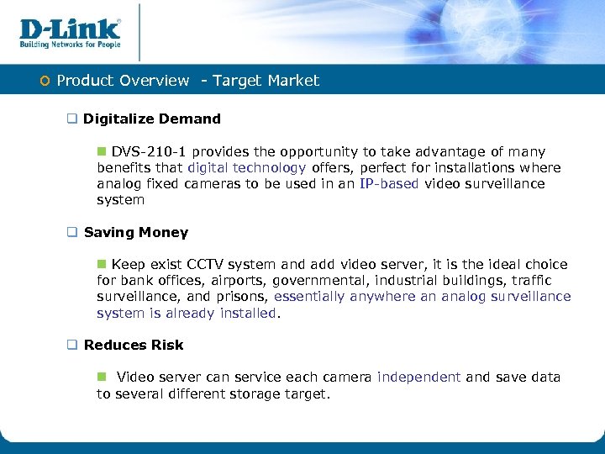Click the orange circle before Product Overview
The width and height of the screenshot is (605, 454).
click(46, 82)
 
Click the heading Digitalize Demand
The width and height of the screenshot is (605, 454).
click(152, 119)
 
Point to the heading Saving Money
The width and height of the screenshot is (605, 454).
click(136, 232)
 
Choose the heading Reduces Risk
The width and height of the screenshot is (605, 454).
click(134, 345)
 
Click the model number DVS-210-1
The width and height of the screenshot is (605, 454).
click(150, 152)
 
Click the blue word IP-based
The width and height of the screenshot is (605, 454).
click(389, 184)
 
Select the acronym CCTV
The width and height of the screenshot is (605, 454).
click(207, 265)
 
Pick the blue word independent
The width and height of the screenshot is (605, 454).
click(419, 377)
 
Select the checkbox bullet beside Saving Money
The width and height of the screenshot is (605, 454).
click(72, 233)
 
